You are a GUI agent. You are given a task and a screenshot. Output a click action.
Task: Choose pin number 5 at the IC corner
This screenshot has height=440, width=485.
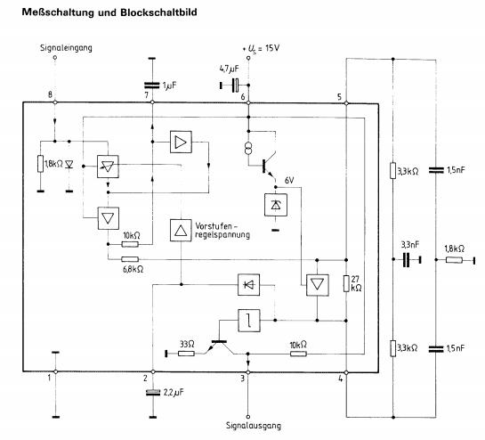339,95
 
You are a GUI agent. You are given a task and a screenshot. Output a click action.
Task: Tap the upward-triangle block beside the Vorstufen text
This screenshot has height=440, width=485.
181,230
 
